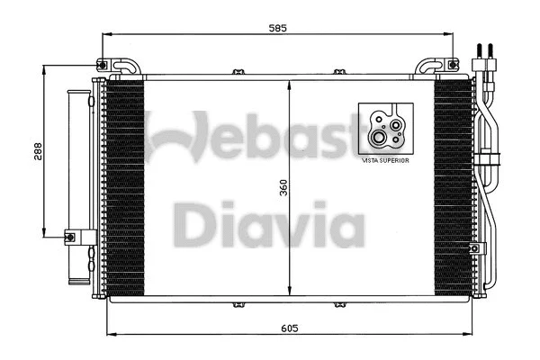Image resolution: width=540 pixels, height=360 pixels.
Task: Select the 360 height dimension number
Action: (282, 188)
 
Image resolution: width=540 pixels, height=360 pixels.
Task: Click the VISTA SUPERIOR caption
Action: (384, 159)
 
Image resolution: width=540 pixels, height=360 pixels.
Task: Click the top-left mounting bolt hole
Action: (105, 65)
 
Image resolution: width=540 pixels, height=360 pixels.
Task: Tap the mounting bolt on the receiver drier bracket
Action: (69, 238)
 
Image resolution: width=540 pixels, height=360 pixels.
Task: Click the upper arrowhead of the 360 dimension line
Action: (289, 84)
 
